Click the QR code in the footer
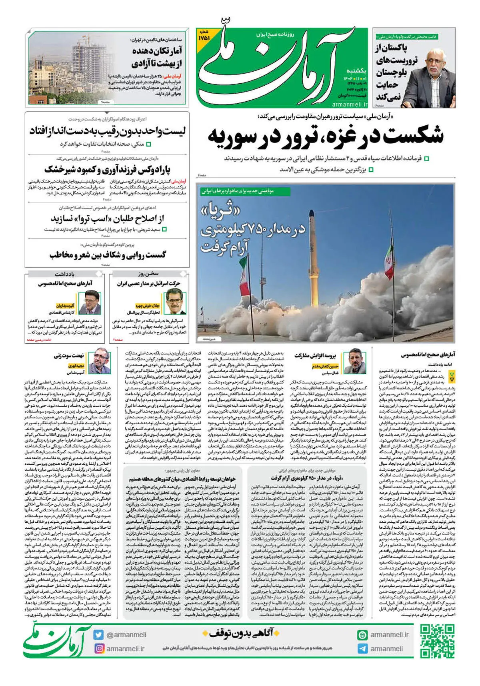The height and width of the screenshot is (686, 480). (x=437, y=641)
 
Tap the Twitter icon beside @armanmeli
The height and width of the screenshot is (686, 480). (x=99, y=635)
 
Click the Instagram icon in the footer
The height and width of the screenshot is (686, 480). (x=99, y=648)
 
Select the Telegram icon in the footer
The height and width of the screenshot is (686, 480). (x=362, y=649)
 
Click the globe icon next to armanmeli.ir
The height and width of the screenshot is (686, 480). (x=362, y=635)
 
